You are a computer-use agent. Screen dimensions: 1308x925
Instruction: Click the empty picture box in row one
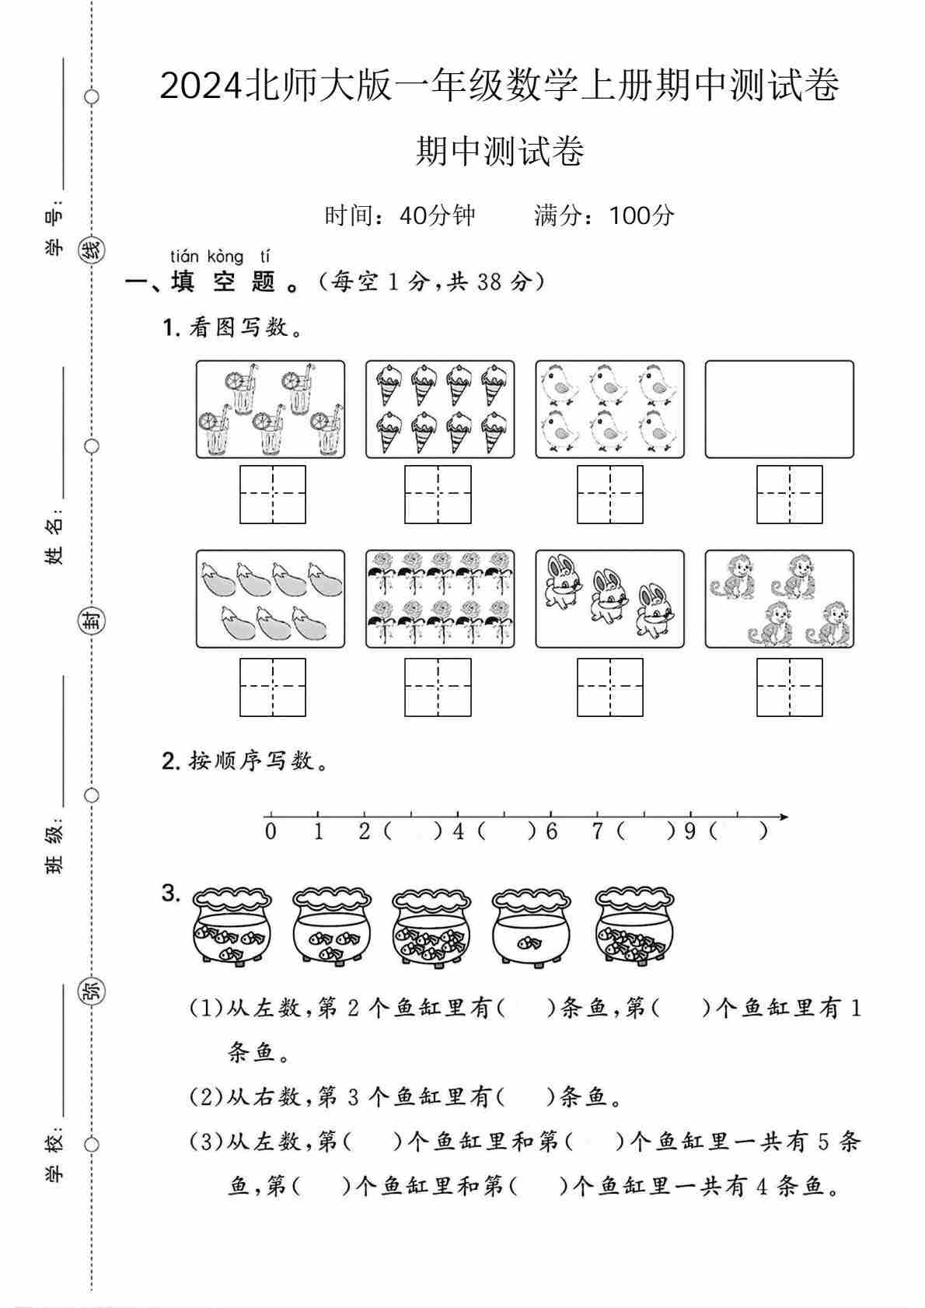click(779, 409)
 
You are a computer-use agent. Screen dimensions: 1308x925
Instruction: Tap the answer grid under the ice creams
click(438, 495)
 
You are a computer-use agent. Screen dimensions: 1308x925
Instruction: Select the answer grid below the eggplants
click(272, 687)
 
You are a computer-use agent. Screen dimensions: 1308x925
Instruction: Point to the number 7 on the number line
click(597, 831)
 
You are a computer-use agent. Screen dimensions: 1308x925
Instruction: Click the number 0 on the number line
click(270, 831)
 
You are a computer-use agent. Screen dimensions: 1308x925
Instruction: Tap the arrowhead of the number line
click(784, 817)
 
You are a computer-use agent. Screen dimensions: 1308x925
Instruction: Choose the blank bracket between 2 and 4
click(413, 831)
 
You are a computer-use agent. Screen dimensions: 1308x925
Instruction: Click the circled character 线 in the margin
click(92, 251)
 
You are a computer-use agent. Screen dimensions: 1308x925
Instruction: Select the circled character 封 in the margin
click(92, 621)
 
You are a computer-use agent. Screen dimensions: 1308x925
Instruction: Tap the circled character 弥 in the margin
click(92, 991)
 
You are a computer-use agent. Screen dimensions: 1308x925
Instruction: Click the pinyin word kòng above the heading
click(225, 257)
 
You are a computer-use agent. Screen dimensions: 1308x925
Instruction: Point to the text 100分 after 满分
click(641, 215)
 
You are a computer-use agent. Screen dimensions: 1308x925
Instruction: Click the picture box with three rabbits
click(609, 600)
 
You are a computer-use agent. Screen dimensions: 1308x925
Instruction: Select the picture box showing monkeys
click(779, 600)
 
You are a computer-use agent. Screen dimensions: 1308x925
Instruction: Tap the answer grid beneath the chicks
click(609, 495)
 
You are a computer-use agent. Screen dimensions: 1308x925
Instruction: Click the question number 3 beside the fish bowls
click(170, 894)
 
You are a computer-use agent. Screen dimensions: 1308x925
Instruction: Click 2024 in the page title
click(201, 86)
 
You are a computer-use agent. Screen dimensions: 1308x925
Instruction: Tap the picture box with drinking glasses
click(270, 409)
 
